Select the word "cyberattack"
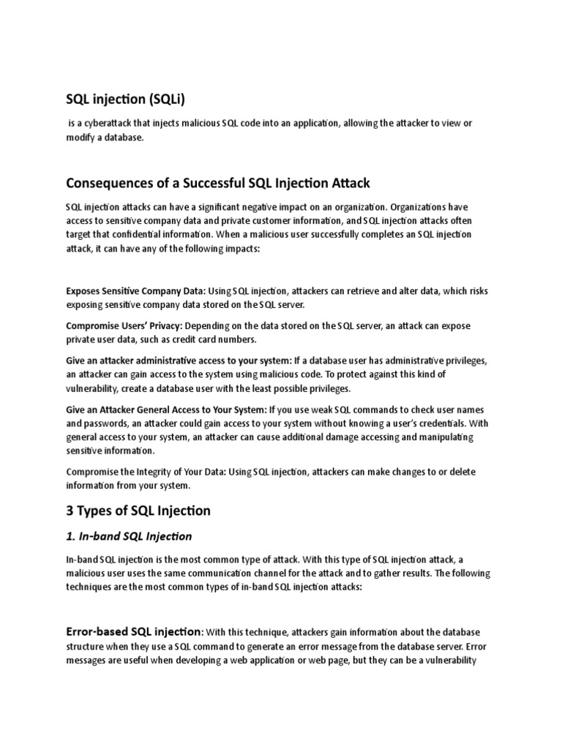click(107, 123)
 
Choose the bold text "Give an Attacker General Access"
click(166, 409)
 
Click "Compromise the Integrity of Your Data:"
click(146, 472)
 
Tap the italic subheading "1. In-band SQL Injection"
click(129, 536)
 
